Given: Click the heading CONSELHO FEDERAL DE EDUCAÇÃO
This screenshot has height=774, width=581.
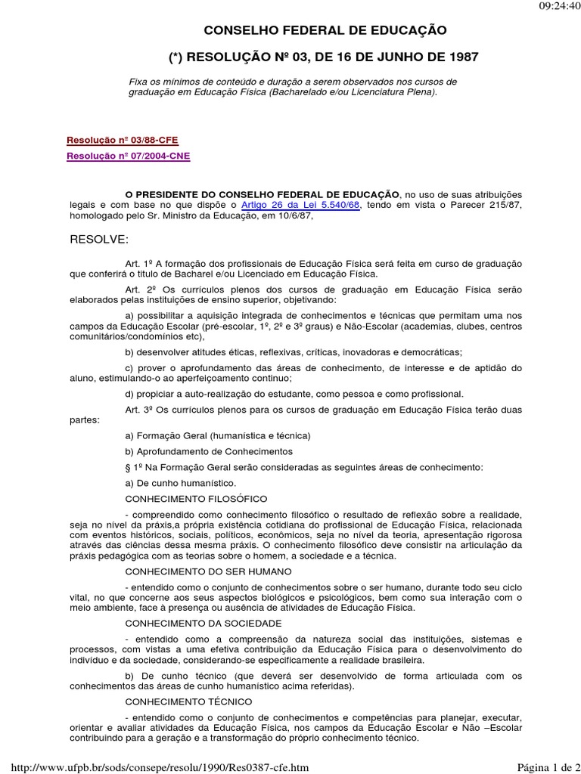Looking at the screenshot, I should (326, 31).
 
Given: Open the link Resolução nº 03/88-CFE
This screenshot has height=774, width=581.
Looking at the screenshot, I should (123, 140).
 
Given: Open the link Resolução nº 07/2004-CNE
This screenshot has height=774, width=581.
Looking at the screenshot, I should (129, 156).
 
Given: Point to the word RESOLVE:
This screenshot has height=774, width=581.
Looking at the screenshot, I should (99, 240).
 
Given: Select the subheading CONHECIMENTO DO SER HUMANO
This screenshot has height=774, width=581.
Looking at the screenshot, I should (208, 571).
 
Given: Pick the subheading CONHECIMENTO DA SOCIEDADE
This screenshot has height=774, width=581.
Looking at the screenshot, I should (204, 623).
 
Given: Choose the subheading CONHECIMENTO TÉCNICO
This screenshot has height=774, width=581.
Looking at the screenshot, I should (189, 701).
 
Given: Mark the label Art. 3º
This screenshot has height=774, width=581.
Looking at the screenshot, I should (138, 409).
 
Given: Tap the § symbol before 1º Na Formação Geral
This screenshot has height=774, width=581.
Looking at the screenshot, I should (128, 467).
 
